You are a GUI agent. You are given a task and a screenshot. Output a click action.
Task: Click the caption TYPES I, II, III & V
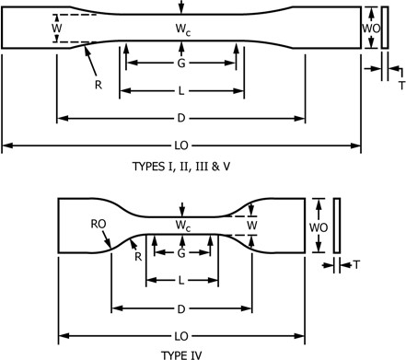coord(181,167)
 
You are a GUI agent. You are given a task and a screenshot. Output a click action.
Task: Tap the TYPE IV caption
coord(181,355)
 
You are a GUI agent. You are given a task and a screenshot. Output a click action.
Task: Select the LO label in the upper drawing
coord(181,145)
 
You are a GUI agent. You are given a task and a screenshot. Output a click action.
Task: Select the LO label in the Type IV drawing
coord(181,336)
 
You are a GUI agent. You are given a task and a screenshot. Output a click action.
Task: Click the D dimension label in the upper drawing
coord(181,118)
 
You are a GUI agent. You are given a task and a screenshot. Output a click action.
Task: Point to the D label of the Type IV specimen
coord(181,309)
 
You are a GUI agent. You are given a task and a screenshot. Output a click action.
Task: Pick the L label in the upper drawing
coord(181,91)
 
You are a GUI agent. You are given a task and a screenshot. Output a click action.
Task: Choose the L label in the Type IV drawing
coord(181,281)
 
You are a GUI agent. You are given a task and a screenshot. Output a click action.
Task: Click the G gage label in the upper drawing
coord(181,64)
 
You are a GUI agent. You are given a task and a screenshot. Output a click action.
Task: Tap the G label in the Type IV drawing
coord(181,253)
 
